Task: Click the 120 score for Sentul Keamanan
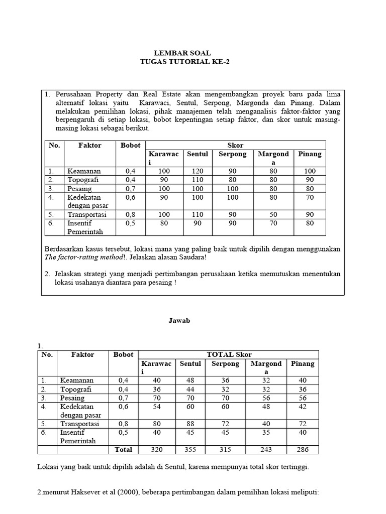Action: click(197, 171)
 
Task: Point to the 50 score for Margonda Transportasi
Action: click(273, 214)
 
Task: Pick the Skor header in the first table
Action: click(235, 145)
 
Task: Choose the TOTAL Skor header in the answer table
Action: click(228, 354)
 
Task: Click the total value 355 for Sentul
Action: click(190, 450)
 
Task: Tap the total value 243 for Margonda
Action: click(266, 450)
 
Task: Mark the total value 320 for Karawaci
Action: click(156, 450)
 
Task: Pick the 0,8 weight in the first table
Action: click(131, 214)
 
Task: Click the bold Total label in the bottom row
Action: click(123, 450)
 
